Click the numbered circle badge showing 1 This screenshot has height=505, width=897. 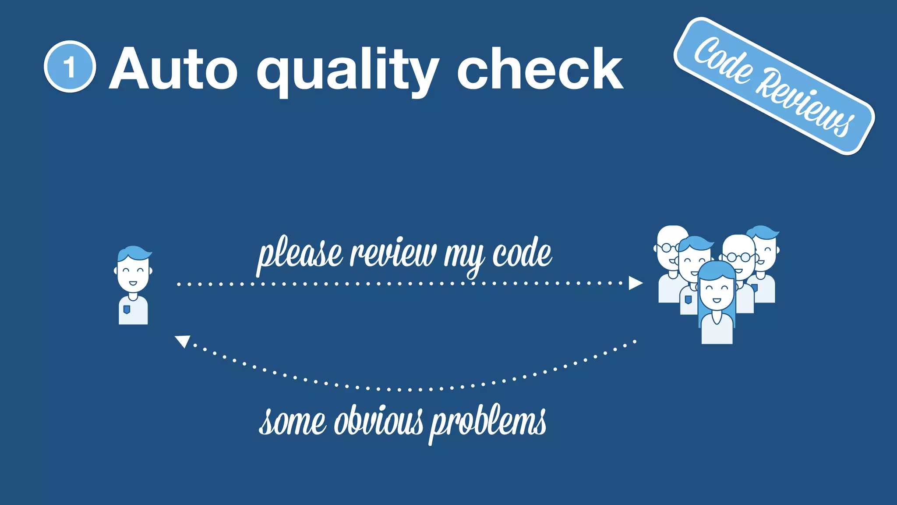point(70,67)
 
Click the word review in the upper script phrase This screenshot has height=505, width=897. point(393,253)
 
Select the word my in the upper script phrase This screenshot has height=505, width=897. point(465,256)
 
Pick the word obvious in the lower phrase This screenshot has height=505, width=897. point(379,422)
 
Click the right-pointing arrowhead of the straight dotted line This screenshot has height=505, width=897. point(635,283)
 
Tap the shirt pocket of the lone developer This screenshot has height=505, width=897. point(127,309)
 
